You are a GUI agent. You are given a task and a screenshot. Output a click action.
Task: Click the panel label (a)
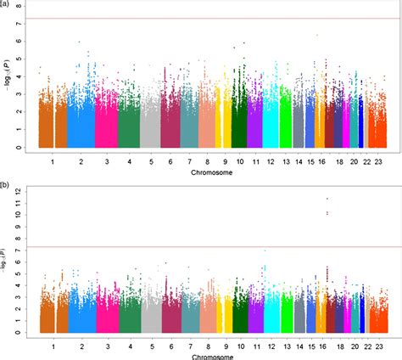[5, 4]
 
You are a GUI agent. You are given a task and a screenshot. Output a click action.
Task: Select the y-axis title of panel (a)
[7, 76]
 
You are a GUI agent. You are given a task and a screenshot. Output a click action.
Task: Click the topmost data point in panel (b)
[327, 199]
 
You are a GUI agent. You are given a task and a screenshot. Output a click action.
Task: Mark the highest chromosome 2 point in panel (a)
[79, 42]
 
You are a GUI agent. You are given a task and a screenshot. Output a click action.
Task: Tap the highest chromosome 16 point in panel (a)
[316, 35]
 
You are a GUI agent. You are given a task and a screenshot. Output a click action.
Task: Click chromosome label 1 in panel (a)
[52, 160]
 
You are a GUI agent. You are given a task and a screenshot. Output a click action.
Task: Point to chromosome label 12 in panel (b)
[269, 346]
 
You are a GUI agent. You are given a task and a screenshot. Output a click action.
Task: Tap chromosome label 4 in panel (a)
[129, 160]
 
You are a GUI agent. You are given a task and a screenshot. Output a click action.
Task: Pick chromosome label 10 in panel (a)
[240, 160]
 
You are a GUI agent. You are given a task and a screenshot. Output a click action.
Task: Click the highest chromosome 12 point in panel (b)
[265, 250]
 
